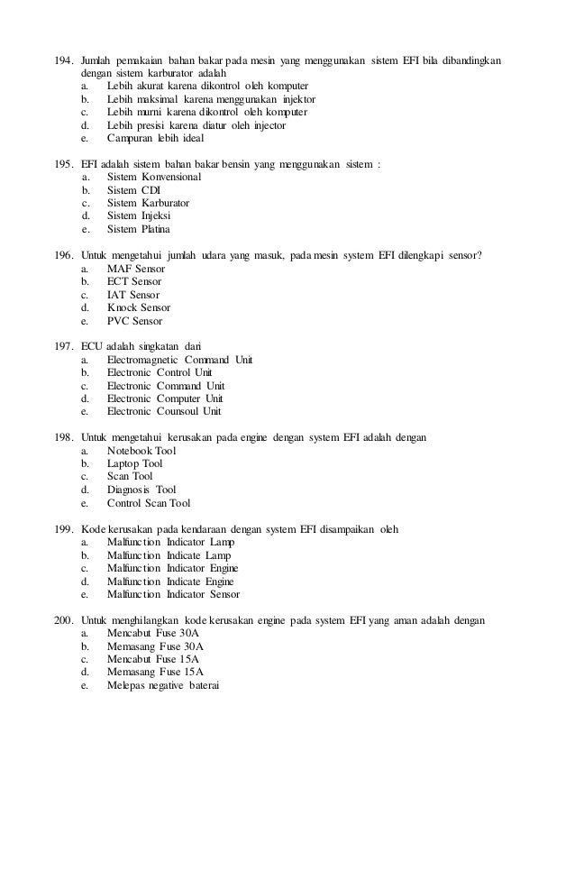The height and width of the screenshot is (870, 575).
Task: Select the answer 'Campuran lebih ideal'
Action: point(155,139)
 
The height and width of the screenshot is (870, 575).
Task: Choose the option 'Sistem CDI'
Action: point(133,190)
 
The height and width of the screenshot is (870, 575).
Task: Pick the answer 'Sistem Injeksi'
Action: point(139,216)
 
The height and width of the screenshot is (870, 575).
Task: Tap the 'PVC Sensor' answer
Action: point(135,320)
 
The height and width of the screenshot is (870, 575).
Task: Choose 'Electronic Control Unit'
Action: point(160,372)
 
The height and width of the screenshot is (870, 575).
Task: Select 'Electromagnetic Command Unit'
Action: point(179,360)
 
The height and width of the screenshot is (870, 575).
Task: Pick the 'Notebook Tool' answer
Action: point(141,451)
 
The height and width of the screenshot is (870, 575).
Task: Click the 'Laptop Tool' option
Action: point(134,463)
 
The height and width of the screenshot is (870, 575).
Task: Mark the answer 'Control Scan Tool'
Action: point(149,502)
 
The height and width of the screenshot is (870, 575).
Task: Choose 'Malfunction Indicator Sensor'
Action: point(173,594)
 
